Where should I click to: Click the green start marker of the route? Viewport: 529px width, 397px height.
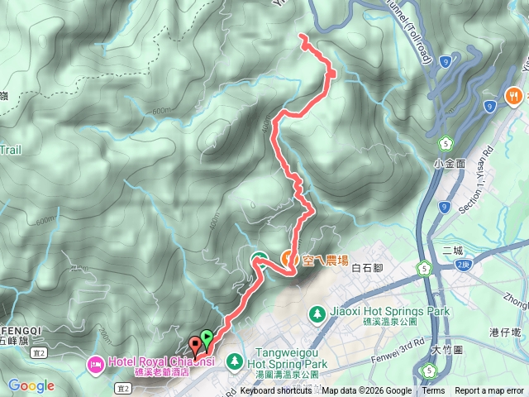point(206,337)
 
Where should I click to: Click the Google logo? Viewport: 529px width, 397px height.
point(31,385)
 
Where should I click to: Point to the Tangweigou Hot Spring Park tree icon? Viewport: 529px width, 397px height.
point(235,361)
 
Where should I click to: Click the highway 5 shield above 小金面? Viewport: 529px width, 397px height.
point(445,141)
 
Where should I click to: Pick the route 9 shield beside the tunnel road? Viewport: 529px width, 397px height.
point(446,60)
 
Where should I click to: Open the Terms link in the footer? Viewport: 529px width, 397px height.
point(432,391)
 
